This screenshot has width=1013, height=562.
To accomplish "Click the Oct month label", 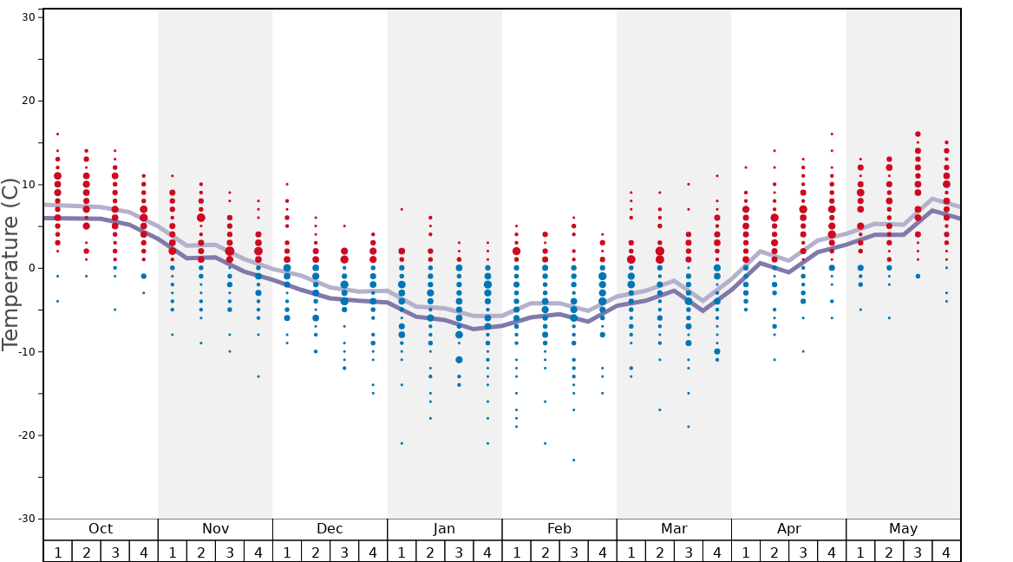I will (x=101, y=529).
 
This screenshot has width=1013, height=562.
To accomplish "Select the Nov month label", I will (x=215, y=529).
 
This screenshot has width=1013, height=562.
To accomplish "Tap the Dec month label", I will (x=330, y=529).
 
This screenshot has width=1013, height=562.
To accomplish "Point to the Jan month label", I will (x=444, y=529).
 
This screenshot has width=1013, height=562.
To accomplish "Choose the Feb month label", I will (x=559, y=529).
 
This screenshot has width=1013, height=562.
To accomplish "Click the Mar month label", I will (x=674, y=529).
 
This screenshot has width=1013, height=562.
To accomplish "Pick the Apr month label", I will (x=788, y=529).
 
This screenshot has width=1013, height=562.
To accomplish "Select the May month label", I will (x=903, y=529).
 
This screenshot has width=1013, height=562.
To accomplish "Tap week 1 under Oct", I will (x=58, y=552).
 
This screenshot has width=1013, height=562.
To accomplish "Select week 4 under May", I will (x=946, y=552).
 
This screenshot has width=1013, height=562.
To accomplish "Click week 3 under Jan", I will (x=459, y=552).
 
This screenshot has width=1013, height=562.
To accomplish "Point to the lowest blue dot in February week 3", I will (x=573, y=460).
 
